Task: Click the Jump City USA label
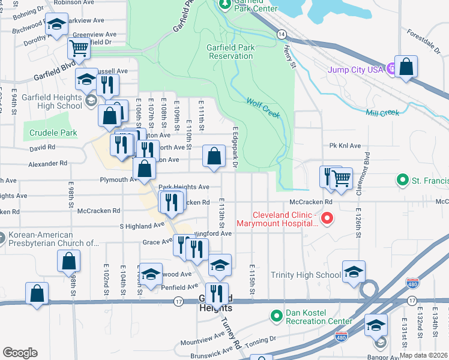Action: tap(355, 70)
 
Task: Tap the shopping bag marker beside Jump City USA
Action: tap(406, 68)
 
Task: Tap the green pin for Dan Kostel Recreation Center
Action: tap(276, 315)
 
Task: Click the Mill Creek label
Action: tap(382, 112)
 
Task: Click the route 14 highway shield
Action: tap(282, 35)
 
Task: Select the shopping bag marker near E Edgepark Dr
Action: tap(214, 157)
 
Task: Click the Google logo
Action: tap(20, 353)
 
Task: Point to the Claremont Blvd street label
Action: tap(367, 168)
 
